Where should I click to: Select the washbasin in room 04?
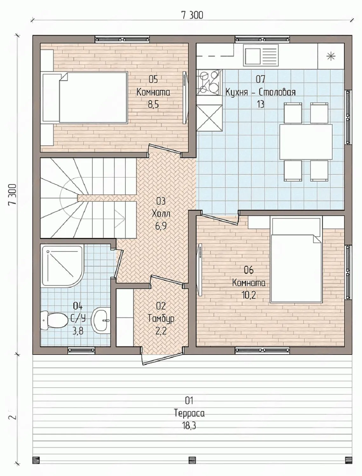[x=100, y=320]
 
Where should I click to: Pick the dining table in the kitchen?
[x=306, y=142]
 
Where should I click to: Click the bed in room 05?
[x=85, y=97]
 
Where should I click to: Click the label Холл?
[x=161, y=214]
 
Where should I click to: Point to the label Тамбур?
[x=161, y=319]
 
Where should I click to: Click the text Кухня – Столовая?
[x=260, y=92]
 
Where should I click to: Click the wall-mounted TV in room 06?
[x=199, y=269]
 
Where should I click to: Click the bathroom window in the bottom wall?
[x=81, y=350]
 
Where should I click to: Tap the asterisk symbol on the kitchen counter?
[x=331, y=56]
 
